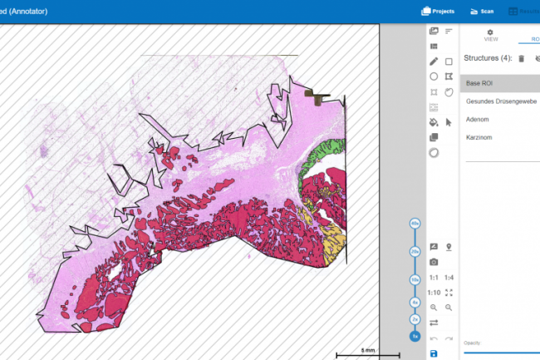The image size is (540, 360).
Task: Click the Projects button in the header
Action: point(437,12)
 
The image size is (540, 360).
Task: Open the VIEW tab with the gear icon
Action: point(490,35)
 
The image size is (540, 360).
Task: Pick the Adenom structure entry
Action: point(478,119)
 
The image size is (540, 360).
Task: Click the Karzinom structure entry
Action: point(479,136)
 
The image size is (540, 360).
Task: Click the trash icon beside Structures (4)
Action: point(521,58)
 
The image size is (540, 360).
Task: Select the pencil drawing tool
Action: point(434,62)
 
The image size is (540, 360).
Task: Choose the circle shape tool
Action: point(434,76)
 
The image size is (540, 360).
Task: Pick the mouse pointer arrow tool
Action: point(449,122)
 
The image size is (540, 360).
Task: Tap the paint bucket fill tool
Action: point(434,122)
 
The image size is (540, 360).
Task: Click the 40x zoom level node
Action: point(415,224)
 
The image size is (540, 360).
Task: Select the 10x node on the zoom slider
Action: point(415,279)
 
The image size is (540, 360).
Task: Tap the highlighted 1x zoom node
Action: point(415,336)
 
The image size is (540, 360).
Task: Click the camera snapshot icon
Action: point(434,262)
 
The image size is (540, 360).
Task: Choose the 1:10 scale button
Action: point(434,293)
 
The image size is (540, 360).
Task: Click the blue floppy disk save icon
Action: point(434,353)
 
